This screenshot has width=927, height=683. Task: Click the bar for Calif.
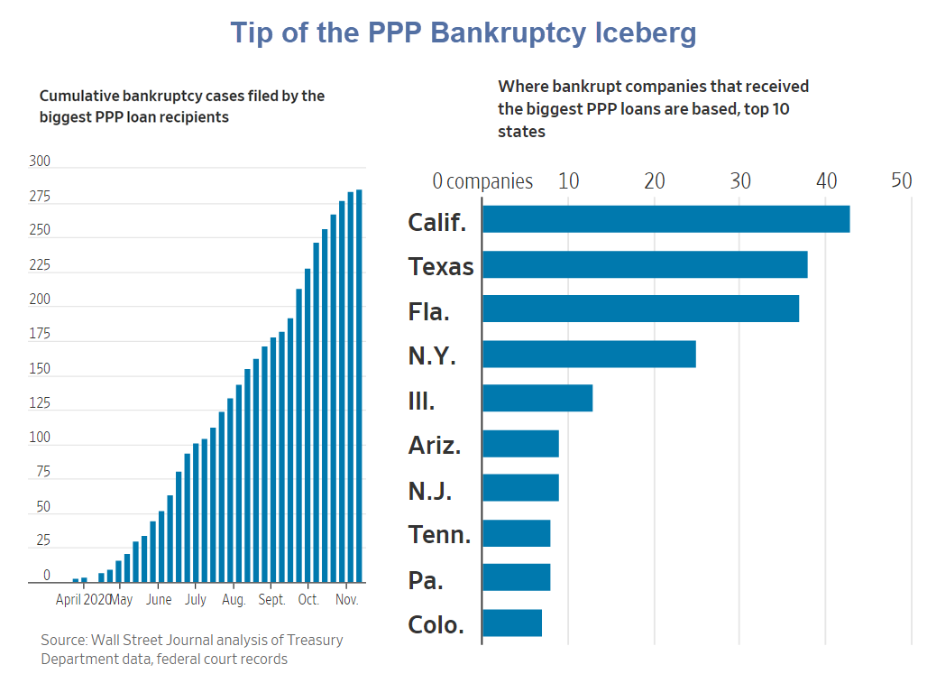click(665, 219)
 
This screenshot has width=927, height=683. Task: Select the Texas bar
click(645, 264)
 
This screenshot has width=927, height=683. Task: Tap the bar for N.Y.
click(589, 354)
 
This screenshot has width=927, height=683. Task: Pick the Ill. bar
click(537, 398)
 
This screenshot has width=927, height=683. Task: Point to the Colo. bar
click(512, 623)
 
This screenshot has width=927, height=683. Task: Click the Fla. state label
click(428, 312)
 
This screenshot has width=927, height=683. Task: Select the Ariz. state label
click(435, 446)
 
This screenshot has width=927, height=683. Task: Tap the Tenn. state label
click(439, 535)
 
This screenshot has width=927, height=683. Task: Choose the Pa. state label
click(426, 580)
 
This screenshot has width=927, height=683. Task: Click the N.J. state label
click(430, 491)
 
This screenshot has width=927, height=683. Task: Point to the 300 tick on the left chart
click(40, 162)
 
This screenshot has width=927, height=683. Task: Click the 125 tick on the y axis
click(40, 403)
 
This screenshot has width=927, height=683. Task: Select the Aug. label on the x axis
click(234, 599)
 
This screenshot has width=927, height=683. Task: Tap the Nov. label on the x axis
click(347, 599)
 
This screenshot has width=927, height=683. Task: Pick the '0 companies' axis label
click(482, 181)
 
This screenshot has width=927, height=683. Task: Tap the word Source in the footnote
click(63, 640)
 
